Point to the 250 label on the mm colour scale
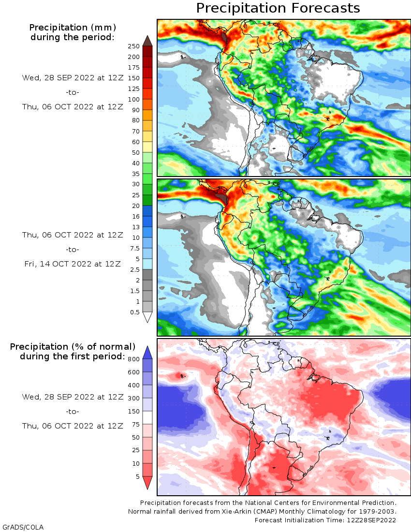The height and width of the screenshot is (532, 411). pos(134,46)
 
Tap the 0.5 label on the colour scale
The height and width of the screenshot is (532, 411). pos(134,312)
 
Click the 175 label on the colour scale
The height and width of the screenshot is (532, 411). pos(134,67)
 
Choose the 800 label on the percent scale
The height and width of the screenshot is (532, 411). pos(133,359)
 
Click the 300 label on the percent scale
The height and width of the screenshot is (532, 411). pos(133,398)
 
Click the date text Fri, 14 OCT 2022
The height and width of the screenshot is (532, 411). pos(73,264)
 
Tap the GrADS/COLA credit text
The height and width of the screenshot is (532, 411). pos(23,527)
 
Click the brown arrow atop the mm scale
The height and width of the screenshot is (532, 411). pos(147,41)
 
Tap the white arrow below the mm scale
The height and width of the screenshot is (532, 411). pos(147,317)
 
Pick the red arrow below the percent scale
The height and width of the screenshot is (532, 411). pos(147,483)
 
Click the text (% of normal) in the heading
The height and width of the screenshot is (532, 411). pos(105,347)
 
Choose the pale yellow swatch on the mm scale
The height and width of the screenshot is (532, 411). pos(147,147)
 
